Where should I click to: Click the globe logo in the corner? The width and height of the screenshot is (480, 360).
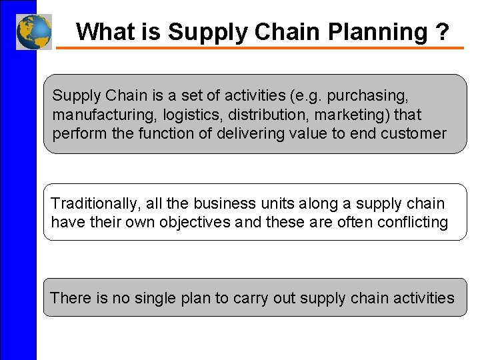pyautogui.click(x=34, y=31)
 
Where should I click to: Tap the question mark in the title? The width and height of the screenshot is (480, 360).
pyautogui.click(x=443, y=31)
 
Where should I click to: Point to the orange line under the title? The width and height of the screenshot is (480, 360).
pyautogui.click(x=260, y=48)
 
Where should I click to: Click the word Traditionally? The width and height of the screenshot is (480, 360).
pyautogui.click(x=95, y=203)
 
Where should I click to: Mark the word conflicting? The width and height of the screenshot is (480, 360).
pyautogui.click(x=413, y=222)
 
